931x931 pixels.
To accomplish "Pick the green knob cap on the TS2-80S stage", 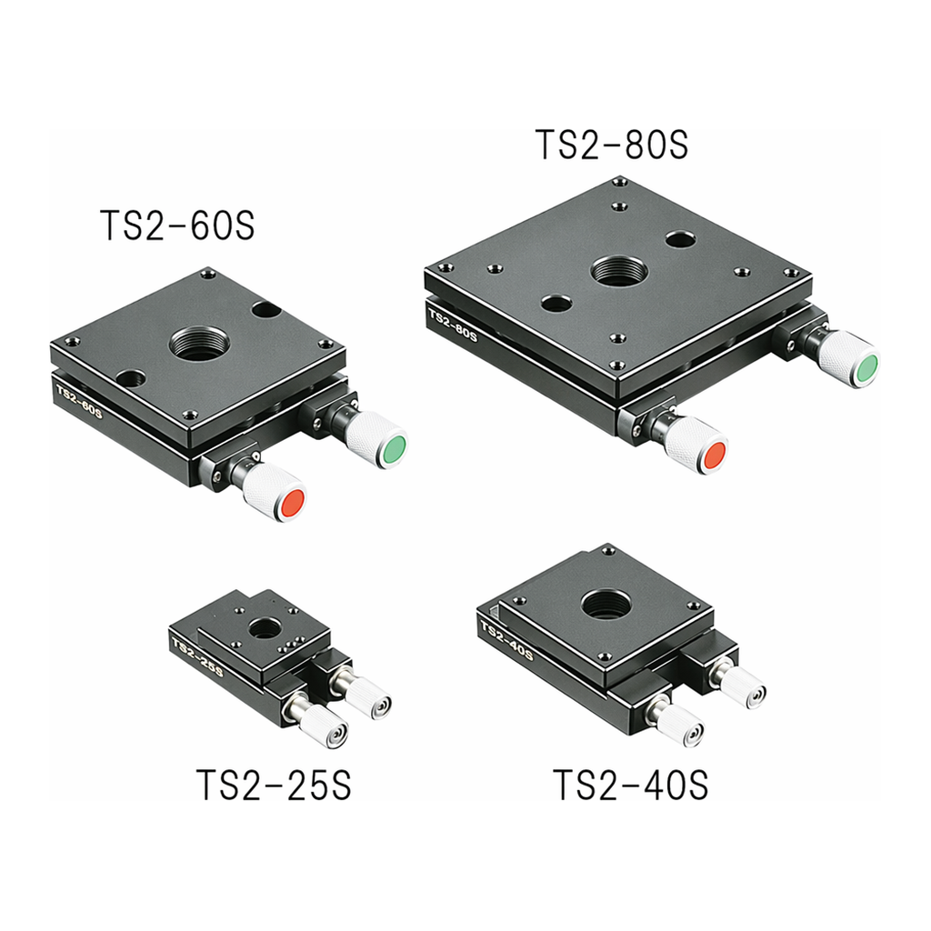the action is click(866, 368).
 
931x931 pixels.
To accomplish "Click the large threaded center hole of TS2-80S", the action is click(619, 271).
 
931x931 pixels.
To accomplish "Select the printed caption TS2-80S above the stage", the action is click(612, 145).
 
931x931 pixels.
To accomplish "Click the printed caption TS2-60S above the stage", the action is click(178, 225).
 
